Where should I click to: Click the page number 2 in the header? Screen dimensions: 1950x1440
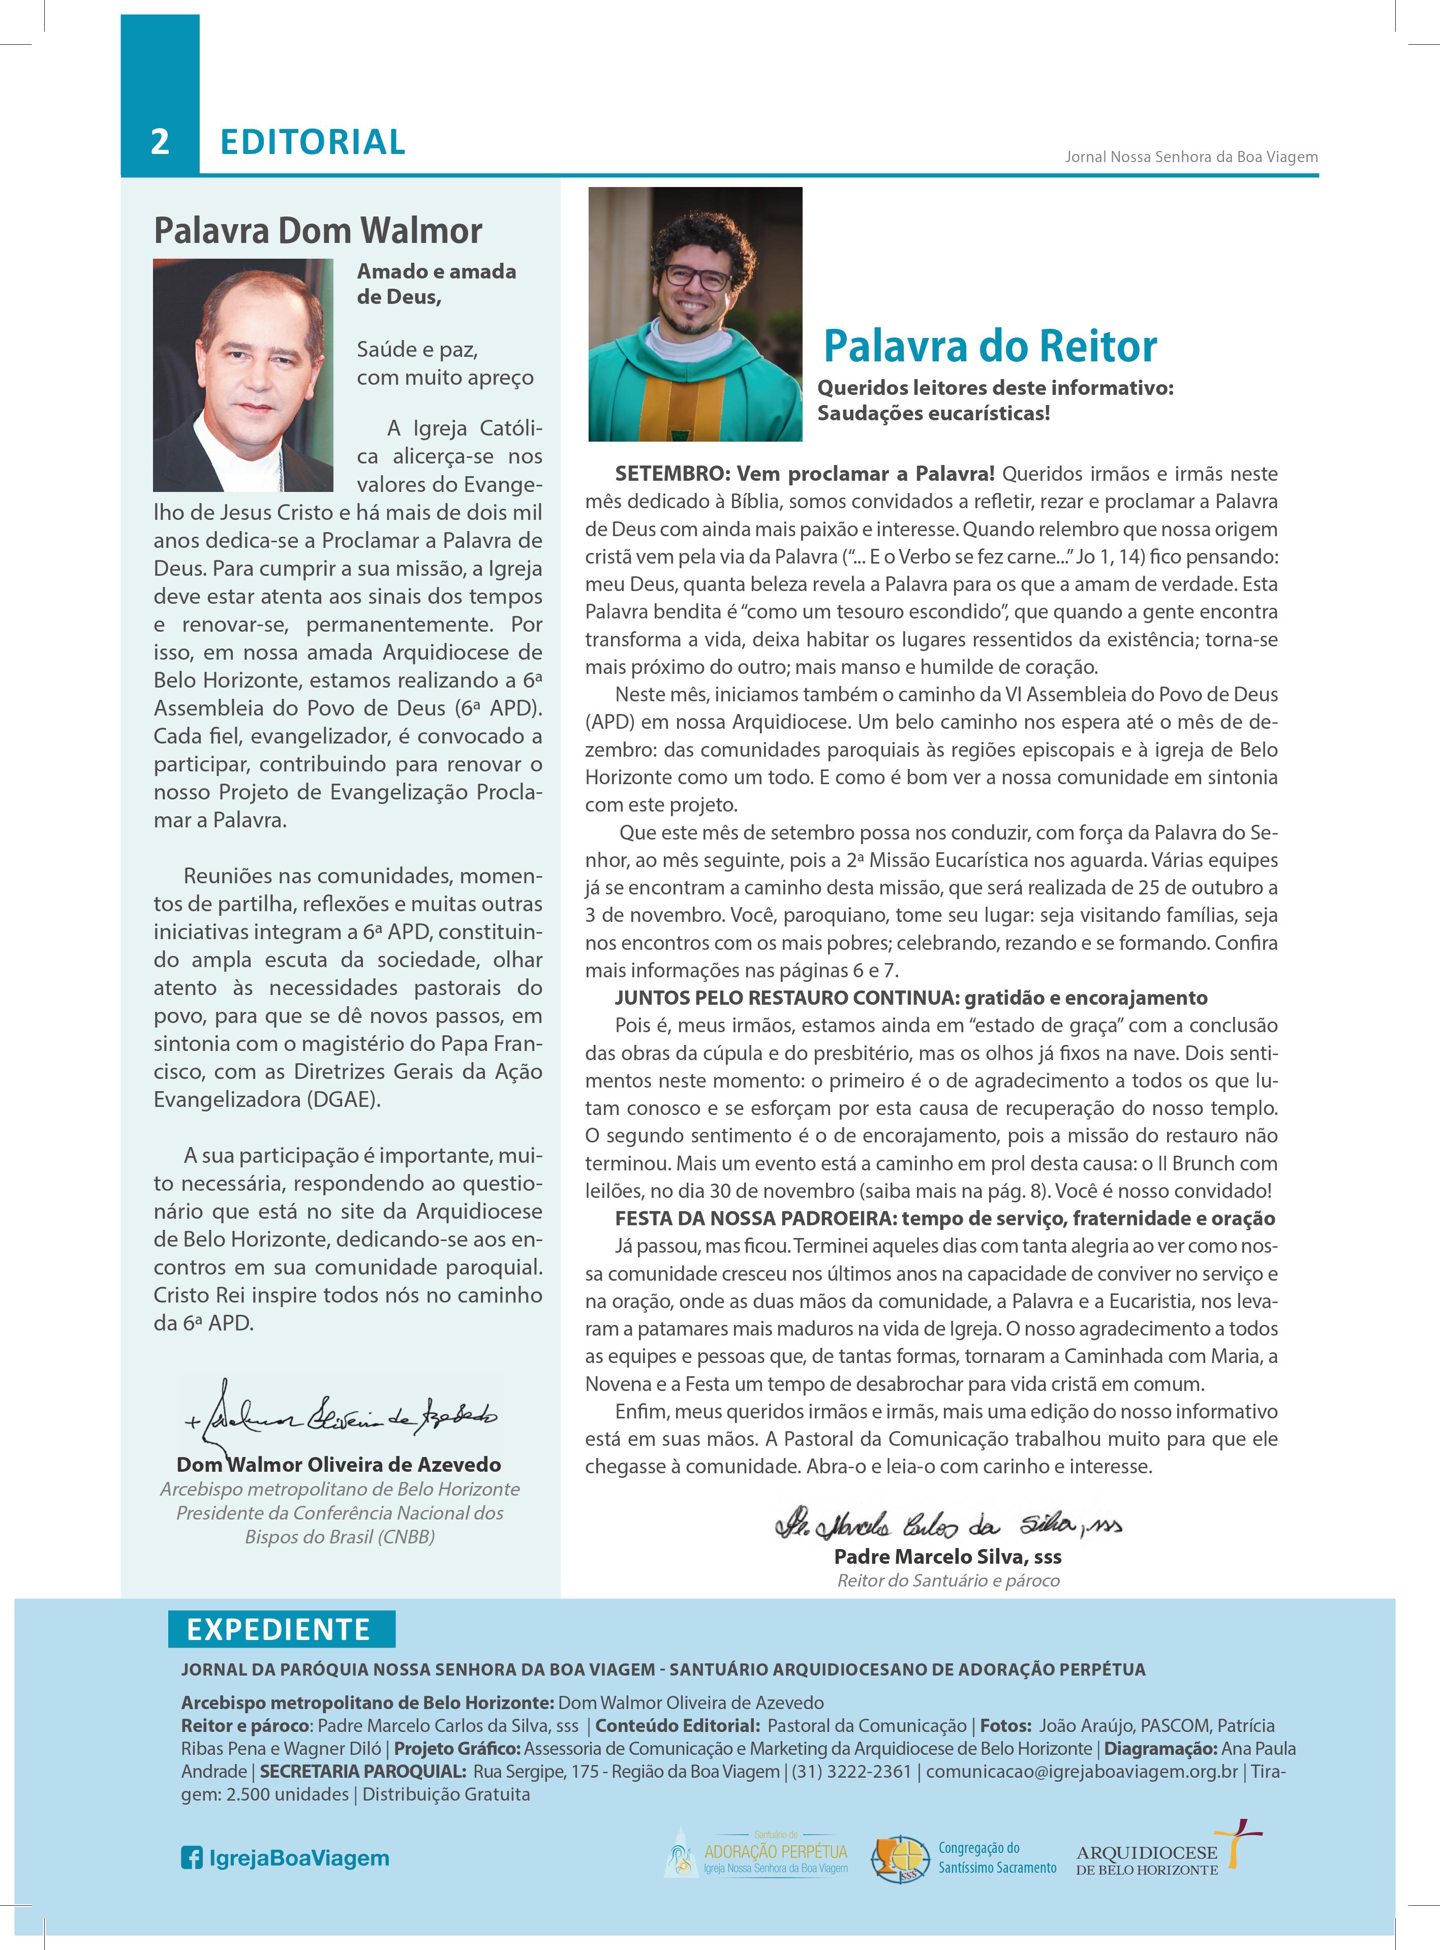(160, 142)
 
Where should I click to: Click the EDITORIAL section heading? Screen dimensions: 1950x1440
(312, 142)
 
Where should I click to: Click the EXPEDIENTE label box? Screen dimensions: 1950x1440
(280, 1629)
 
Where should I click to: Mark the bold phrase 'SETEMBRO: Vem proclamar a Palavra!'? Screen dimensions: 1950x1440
(804, 474)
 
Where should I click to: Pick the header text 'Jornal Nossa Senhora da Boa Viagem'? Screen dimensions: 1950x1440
(1191, 158)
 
